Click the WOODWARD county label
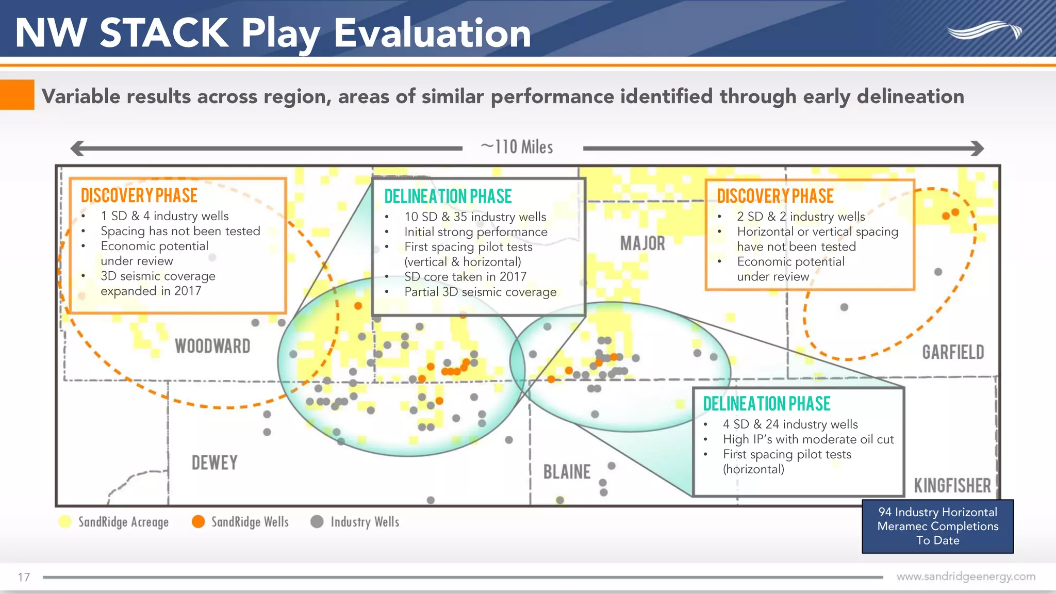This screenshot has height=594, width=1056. [212, 346]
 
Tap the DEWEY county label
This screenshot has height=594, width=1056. [214, 463]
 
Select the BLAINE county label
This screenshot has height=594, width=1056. [567, 472]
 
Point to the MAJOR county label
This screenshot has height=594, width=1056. [642, 243]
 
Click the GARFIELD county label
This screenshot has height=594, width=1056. [953, 352]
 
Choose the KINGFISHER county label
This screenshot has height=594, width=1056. [952, 486]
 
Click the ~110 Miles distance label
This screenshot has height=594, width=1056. [517, 147]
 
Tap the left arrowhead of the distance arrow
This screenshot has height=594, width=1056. [77, 148]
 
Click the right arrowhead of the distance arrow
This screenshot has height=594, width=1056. [977, 148]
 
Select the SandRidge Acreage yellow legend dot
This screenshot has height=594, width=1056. [65, 522]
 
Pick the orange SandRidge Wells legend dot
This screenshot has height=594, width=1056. [198, 522]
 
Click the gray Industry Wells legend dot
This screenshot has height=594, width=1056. [317, 522]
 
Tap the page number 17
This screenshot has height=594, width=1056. [24, 577]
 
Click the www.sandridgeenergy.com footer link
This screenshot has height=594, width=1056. [966, 576]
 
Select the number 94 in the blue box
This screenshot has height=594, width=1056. [885, 512]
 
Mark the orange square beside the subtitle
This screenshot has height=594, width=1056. [17, 94]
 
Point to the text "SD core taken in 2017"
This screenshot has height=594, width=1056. [465, 277]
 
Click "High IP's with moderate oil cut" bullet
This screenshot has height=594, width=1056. [808, 439]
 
